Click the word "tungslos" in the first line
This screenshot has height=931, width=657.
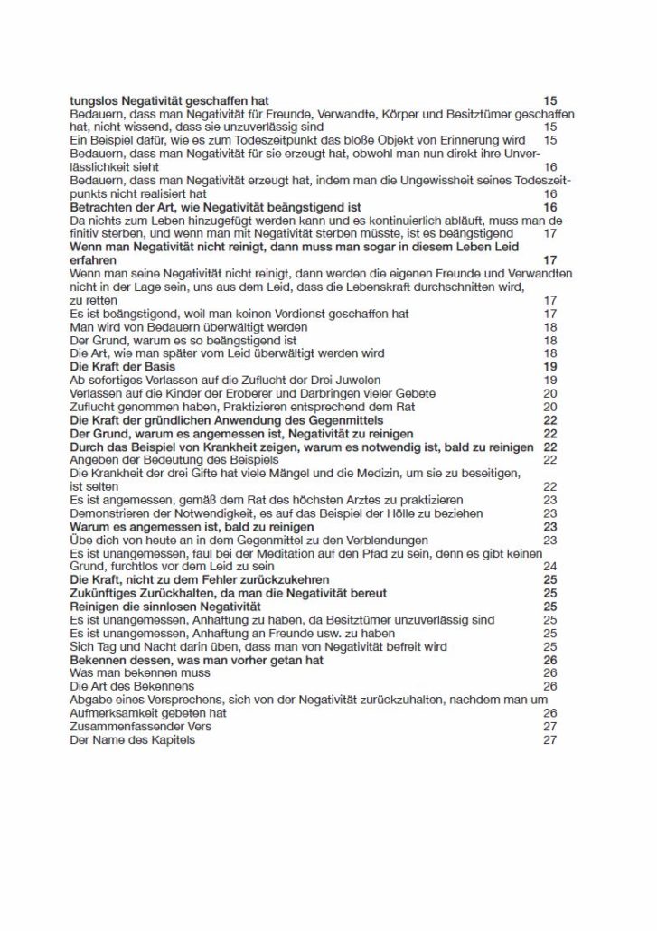pos(94,100)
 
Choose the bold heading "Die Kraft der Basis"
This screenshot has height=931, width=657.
pos(124,367)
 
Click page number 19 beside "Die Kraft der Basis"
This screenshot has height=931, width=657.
pos(549,367)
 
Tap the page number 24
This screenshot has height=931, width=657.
pos(549,566)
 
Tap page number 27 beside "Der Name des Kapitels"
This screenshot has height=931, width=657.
pos(549,740)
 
